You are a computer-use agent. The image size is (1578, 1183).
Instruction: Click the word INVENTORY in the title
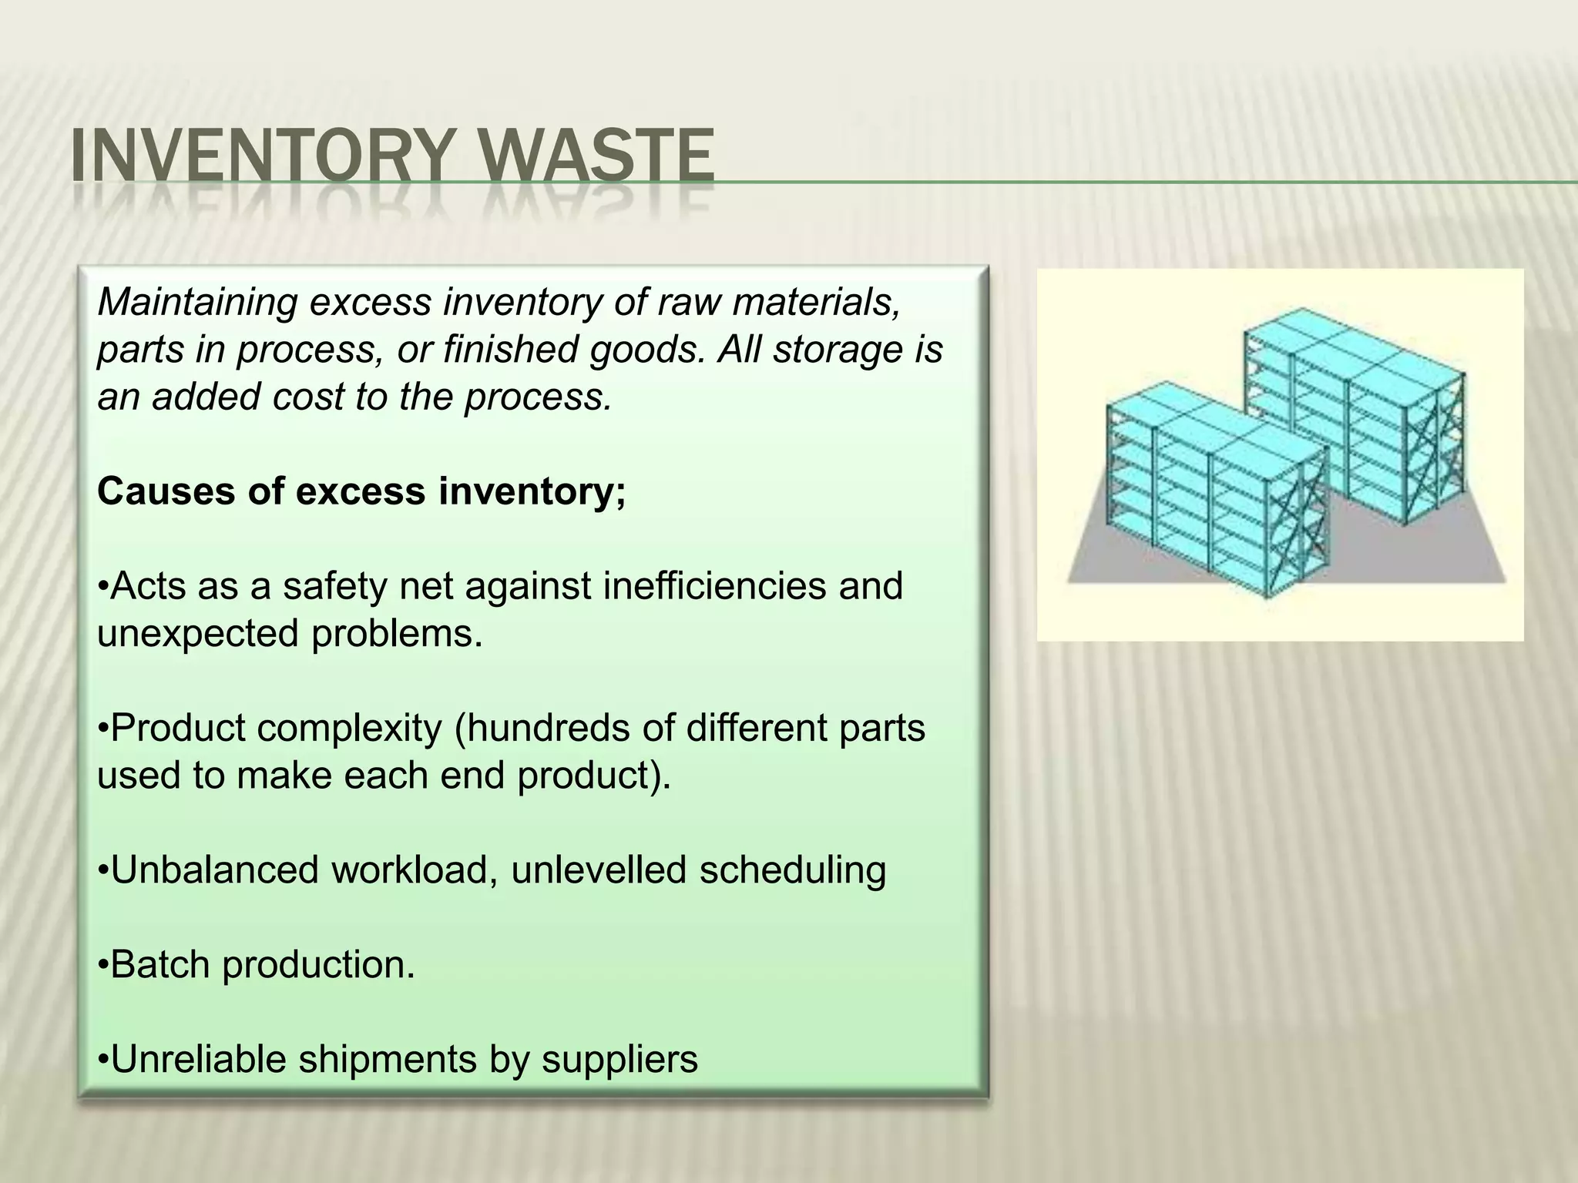click(x=258, y=158)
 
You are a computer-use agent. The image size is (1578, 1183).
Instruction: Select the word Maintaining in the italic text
click(x=197, y=302)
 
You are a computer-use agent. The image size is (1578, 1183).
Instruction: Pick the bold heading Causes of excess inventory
click(x=361, y=491)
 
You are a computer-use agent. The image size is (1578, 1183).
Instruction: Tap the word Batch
click(x=159, y=964)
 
